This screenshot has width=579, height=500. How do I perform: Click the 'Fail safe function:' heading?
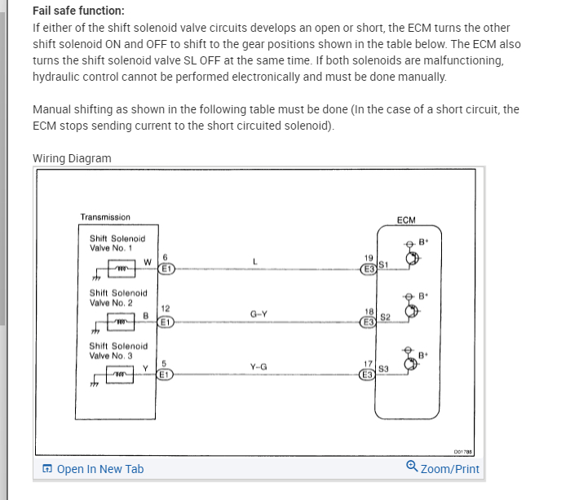78,11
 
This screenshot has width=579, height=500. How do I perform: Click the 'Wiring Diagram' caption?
72,158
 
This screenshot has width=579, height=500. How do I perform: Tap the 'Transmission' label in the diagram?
105,217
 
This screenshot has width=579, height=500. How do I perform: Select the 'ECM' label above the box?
405,220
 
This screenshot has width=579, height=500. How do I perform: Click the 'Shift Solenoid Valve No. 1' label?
117,243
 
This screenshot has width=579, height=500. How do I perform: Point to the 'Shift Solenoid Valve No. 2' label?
118,297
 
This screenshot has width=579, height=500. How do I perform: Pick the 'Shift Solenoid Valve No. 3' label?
118,351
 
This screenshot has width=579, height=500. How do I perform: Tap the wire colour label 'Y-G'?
258,366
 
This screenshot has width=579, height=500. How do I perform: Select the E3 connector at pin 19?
369,268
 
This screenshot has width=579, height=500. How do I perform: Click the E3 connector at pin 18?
369,321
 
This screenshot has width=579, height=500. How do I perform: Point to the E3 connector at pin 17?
369,375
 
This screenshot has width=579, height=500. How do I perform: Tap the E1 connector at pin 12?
166,321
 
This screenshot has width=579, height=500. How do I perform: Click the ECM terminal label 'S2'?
385,316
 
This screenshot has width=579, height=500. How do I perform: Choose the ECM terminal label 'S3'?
383,370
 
